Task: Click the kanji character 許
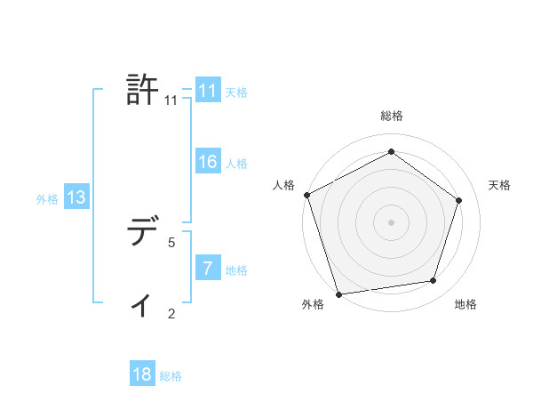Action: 143,90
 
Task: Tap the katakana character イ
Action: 142,305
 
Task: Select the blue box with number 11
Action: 207,92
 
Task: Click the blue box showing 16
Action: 207,162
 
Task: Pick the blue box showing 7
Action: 207,269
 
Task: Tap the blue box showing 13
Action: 76,198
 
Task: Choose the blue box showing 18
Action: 142,374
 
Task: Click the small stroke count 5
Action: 171,242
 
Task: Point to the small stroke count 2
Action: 171,313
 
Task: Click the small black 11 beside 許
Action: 171,100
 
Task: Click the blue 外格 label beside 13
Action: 47,199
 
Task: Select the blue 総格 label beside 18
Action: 171,376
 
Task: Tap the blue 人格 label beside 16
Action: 236,164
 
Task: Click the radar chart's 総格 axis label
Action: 391,116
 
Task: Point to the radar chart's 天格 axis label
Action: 499,185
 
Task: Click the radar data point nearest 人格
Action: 306,195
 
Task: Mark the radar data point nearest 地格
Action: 434,281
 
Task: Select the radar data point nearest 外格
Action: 338,293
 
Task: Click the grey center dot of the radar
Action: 391,221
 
